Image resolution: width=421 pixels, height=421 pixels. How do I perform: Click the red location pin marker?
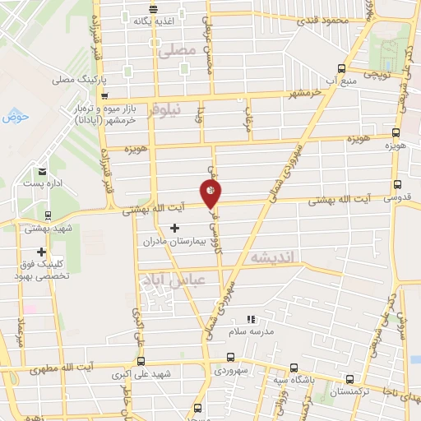point(211,194)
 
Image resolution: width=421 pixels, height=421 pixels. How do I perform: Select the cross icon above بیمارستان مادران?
point(173,227)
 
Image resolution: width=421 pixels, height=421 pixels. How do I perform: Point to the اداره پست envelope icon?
point(41,172)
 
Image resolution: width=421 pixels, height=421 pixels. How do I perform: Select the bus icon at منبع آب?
point(342,70)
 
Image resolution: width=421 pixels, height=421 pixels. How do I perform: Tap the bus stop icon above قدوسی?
point(398,186)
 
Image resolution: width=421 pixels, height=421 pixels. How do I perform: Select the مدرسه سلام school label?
point(253,331)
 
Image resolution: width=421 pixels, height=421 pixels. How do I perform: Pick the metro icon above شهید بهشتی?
point(48,216)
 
